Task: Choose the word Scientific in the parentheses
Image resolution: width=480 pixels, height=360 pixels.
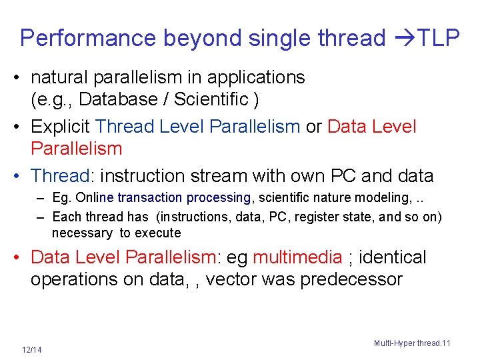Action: pyautogui.click(x=214, y=100)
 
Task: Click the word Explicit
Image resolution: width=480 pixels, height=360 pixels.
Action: pyautogui.click(x=61, y=127)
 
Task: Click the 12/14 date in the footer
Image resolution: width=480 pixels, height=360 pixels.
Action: pyautogui.click(x=31, y=349)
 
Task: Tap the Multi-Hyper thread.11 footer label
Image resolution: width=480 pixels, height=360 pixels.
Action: pyautogui.click(x=412, y=343)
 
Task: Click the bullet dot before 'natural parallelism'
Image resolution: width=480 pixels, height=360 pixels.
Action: pyautogui.click(x=22, y=78)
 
